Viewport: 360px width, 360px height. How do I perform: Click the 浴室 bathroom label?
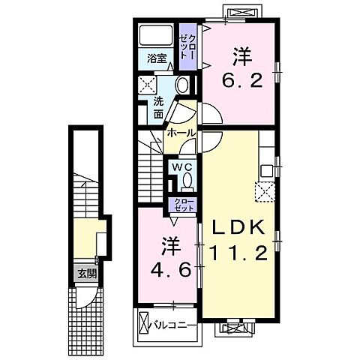pos(156,57)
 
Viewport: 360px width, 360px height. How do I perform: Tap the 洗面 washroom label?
pos(158,109)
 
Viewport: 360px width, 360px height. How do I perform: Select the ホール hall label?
pos(181,133)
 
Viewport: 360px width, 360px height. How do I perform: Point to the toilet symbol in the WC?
pos(187,182)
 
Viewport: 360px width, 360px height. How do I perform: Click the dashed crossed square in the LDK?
pos(264,193)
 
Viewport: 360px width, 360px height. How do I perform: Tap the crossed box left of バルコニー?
pos(144,325)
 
